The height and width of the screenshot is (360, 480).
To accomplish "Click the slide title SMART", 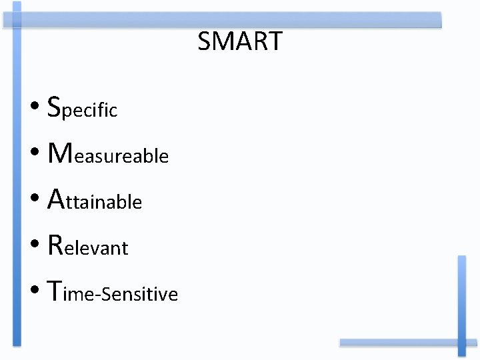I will [x=240, y=41].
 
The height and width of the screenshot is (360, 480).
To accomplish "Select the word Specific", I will [x=83, y=107].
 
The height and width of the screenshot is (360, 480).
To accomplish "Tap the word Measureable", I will [x=109, y=154].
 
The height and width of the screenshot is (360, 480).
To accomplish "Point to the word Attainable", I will [x=95, y=199].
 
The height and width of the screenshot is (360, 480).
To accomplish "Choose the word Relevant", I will [x=88, y=246].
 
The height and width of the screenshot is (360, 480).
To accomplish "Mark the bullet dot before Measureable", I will [x=35, y=155].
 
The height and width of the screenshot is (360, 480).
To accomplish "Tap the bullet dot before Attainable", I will [x=35, y=201].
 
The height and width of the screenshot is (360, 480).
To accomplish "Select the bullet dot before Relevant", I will [x=35, y=247].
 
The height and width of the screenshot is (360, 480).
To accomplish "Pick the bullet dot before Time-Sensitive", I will [x=35, y=293].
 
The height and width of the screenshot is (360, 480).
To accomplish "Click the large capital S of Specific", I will [x=55, y=105].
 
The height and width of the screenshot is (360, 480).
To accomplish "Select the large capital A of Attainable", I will [x=57, y=198].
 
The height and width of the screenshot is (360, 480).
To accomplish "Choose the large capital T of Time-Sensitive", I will [x=55, y=291].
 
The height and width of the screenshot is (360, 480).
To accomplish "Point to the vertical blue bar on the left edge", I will [x=17, y=173].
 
